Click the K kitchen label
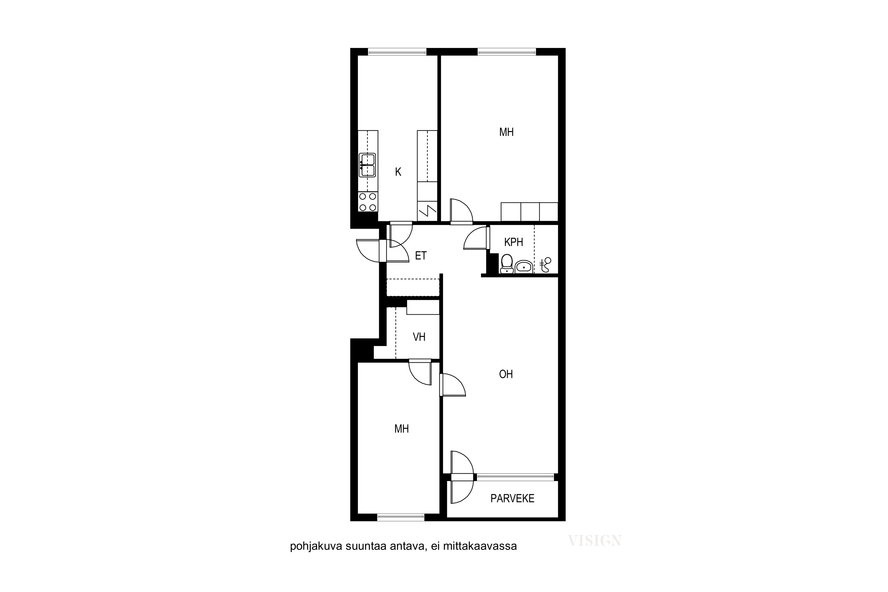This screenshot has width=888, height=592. (x=398, y=172)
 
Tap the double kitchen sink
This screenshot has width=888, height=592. (x=367, y=165)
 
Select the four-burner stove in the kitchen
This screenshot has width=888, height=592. (x=368, y=202)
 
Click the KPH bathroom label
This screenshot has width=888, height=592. (x=514, y=242)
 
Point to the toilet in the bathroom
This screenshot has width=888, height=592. (x=506, y=263)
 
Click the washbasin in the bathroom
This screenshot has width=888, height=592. (x=524, y=267)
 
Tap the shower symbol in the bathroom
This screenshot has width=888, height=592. (x=546, y=265)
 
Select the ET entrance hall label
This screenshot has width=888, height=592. (x=421, y=256)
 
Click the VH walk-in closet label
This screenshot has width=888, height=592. (x=419, y=337)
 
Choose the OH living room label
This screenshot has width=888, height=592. (x=506, y=374)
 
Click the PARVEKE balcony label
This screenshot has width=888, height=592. (x=512, y=498)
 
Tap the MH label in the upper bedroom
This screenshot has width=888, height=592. (x=506, y=132)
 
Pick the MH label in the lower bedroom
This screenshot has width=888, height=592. (x=401, y=429)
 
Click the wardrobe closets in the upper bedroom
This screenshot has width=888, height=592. (x=529, y=212)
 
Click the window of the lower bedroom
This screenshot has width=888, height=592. (x=401, y=518)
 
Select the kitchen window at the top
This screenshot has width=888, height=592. (x=397, y=52)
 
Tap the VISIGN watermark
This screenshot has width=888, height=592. (x=595, y=541)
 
